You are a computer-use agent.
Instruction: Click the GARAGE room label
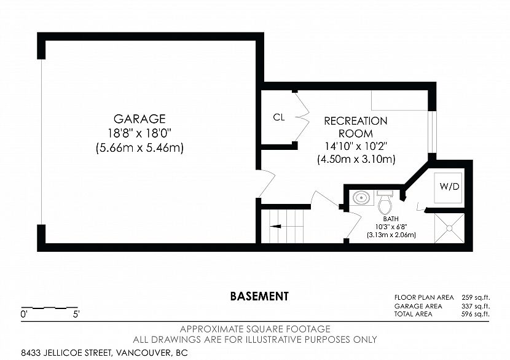(x=139, y=119)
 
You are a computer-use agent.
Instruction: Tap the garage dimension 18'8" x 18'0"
(x=139, y=133)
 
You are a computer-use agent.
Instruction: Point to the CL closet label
(x=279, y=117)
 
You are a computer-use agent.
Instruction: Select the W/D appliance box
(x=448, y=188)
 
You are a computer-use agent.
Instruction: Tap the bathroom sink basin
(x=362, y=197)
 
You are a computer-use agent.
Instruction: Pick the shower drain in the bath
(x=450, y=229)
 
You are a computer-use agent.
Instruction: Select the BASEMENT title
(x=259, y=296)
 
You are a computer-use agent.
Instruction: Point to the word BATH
(x=391, y=219)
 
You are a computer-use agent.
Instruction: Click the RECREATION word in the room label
(x=356, y=121)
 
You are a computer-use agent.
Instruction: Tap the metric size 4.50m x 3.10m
(x=356, y=159)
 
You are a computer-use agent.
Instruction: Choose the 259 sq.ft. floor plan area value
(x=476, y=297)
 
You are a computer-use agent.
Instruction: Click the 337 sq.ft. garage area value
(x=476, y=306)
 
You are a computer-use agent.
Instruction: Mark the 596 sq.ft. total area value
(x=476, y=314)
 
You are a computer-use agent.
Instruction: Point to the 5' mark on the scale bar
(x=76, y=315)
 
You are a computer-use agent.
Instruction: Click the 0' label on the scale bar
(x=24, y=315)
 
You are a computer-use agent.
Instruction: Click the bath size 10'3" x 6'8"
(x=391, y=227)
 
